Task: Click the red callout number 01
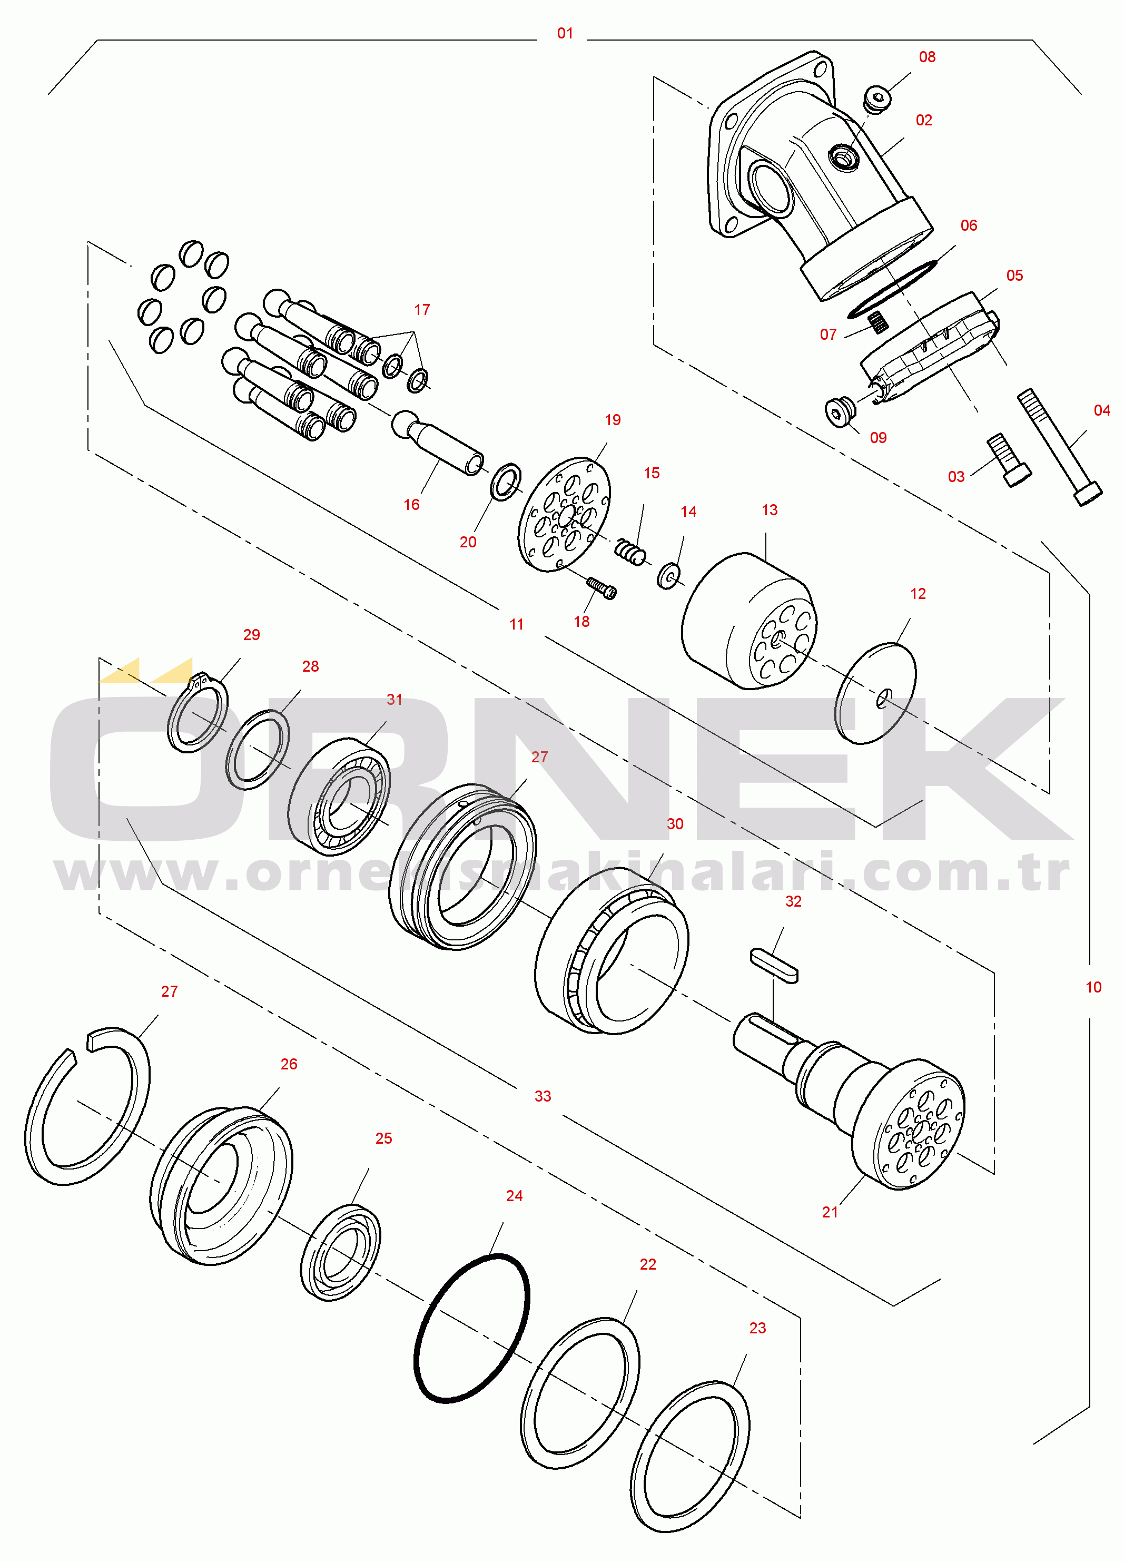565,33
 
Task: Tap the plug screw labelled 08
877,99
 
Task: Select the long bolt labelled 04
1059,447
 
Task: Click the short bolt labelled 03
1009,460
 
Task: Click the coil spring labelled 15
629,552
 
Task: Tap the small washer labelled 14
668,576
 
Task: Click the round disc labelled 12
875,693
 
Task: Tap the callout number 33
543,1096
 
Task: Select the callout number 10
1093,987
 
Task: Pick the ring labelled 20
506,482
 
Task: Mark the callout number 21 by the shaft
830,1212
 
